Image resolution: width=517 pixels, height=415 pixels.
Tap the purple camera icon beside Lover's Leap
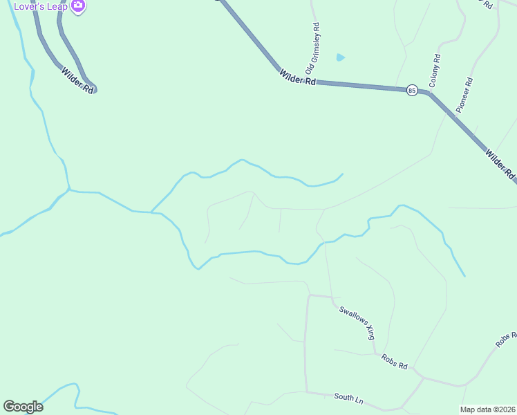[78, 6]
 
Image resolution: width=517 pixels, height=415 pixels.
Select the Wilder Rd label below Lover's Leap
[77, 80]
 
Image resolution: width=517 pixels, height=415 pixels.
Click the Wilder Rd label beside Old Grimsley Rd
[297, 77]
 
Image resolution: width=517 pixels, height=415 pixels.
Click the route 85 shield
[412, 90]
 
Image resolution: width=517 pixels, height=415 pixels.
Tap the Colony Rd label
[435, 71]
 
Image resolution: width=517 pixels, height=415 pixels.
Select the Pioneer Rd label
[464, 95]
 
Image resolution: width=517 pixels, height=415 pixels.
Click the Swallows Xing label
[357, 322]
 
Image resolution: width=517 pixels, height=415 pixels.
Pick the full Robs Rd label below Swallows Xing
[394, 361]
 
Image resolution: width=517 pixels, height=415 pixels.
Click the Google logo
[23, 407]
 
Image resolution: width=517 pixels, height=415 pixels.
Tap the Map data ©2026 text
[487, 409]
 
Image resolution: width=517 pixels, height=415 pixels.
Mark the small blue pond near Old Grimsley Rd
[339, 57]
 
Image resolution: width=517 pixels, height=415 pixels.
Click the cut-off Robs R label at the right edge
[506, 339]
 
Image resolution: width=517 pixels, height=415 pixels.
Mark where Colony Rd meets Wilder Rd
[429, 92]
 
